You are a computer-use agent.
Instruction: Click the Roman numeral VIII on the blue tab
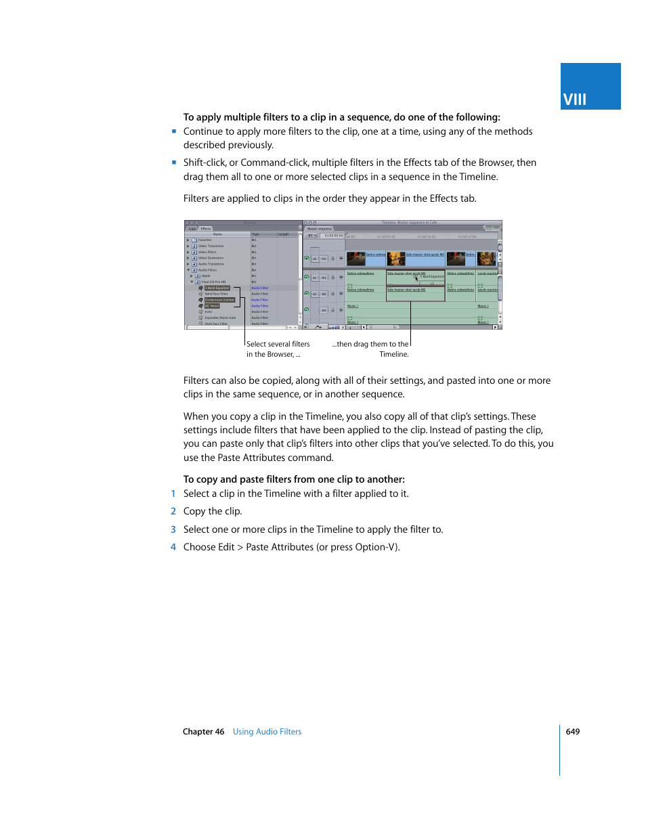pyautogui.click(x=574, y=100)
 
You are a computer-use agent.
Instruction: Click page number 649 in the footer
pyautogui.click(x=573, y=732)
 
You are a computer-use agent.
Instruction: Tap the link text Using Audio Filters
pyautogui.click(x=267, y=732)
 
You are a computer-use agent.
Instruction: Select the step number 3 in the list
pyautogui.click(x=173, y=529)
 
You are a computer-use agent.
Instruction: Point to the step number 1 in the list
pyautogui.click(x=173, y=493)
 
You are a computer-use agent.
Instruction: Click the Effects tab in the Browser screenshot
pyautogui.click(x=206, y=229)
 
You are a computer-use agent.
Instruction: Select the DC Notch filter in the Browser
pyautogui.click(x=212, y=306)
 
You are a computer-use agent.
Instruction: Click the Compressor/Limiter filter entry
pyautogui.click(x=219, y=300)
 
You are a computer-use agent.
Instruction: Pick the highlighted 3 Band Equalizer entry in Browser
pyautogui.click(x=217, y=288)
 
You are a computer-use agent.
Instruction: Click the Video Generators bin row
pyautogui.click(x=211, y=258)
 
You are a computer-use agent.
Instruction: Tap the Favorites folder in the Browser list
pyautogui.click(x=204, y=240)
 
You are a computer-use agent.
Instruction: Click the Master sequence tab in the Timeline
pyautogui.click(x=320, y=229)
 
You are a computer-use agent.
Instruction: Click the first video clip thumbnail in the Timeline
pyautogui.click(x=356, y=259)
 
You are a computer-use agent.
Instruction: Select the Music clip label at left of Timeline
pyautogui.click(x=352, y=306)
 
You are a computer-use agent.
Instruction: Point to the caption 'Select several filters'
pyautogui.click(x=278, y=344)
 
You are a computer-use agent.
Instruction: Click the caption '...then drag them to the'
pyautogui.click(x=370, y=344)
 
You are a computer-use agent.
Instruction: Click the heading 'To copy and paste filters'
pyautogui.click(x=294, y=479)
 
